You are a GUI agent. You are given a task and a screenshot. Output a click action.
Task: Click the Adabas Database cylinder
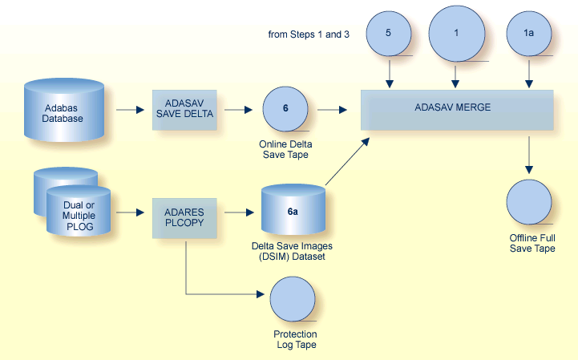pos(64,109)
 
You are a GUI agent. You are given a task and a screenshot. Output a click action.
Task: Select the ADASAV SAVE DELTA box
pos(184,109)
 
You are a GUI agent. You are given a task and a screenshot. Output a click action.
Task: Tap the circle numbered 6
pos(286,109)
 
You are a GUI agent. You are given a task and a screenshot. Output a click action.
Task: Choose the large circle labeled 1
pos(457,34)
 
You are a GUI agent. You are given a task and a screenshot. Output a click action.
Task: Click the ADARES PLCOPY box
pos(184,214)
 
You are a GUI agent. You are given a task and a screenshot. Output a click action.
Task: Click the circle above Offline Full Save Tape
pos(528,203)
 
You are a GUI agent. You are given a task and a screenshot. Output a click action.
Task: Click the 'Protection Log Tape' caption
pos(295,339)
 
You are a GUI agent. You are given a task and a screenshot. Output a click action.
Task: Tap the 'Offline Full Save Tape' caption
pos(532,243)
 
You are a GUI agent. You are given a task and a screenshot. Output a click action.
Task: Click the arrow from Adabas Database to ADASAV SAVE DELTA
pos(129,109)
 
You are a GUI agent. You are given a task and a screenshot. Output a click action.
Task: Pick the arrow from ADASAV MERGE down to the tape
pos(528,154)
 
